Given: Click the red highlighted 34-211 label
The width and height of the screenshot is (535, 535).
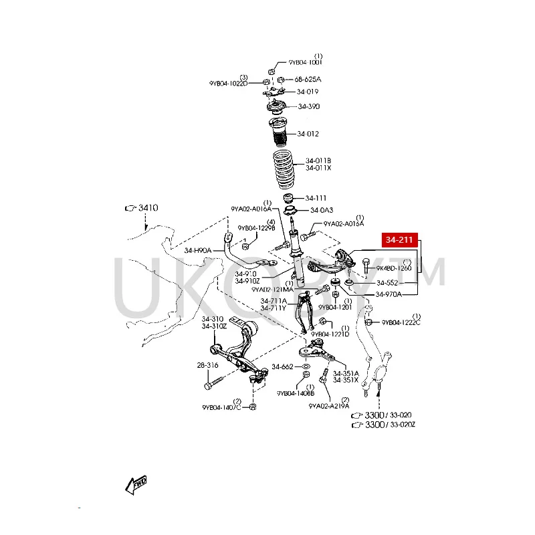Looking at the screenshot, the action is tap(400, 239).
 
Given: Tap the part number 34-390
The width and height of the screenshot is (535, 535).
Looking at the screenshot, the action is tap(309, 106).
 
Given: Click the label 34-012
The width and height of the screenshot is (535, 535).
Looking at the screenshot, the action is tap(308, 133).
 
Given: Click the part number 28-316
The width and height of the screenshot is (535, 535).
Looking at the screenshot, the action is tap(208, 365).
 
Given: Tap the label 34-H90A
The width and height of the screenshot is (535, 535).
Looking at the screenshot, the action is tap(198, 251).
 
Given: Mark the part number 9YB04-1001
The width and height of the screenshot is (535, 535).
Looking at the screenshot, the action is tap(306, 62).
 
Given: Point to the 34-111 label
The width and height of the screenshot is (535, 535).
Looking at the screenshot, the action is tap(316, 198).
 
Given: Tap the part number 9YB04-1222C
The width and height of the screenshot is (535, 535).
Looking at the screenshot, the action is tap(401, 322).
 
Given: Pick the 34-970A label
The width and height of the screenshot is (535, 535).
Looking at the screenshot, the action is tap(389, 294).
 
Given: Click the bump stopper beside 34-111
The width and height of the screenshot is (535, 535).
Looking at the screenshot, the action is tap(290, 199).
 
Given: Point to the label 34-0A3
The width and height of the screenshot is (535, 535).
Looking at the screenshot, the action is tap(316, 211).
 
